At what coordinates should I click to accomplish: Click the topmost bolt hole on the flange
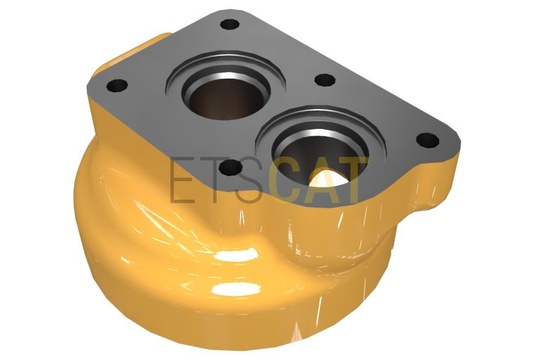(x=230, y=24)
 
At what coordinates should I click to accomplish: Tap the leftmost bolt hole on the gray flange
(x=117, y=85)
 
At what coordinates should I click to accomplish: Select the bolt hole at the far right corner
(x=428, y=140)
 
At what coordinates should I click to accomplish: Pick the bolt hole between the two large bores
(x=325, y=81)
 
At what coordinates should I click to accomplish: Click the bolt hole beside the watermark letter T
(x=231, y=168)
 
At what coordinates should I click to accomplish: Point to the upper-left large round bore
(x=226, y=93)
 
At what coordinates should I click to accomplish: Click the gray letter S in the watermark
(x=249, y=180)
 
